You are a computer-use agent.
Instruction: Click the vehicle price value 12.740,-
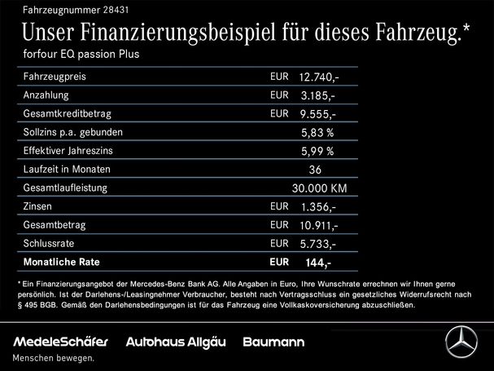tap(318, 77)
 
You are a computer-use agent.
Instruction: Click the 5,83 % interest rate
tap(317, 133)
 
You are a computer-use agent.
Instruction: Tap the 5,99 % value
tap(317, 151)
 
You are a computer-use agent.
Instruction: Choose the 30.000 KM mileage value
tap(318, 188)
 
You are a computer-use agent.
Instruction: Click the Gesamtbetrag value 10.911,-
tap(319, 225)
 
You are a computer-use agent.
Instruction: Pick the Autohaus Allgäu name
tap(177, 342)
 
